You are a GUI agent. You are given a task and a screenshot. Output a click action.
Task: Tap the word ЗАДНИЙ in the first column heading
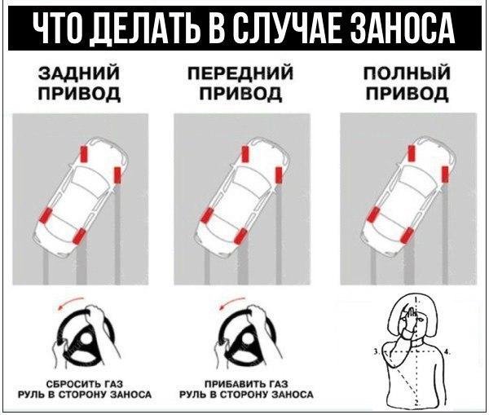click(79, 73)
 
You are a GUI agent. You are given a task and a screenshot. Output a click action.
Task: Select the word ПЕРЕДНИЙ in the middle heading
click(240, 73)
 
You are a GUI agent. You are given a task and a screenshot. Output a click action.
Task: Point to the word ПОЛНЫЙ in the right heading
click(407, 73)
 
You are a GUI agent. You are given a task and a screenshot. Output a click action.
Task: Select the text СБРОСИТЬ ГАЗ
click(85, 384)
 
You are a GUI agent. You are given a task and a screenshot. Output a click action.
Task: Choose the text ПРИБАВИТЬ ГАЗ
click(246, 384)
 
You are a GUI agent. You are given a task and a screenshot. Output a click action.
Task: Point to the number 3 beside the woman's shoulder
click(376, 351)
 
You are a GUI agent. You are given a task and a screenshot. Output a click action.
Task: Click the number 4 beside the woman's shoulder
click(447, 352)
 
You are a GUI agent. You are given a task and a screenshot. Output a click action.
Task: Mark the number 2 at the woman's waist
click(416, 403)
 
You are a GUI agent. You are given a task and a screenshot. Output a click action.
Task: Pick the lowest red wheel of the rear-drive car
click(79, 236)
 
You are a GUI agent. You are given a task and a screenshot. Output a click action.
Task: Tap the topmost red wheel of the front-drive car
click(245, 154)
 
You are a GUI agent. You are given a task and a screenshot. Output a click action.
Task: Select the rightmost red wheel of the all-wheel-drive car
click(445, 174)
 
